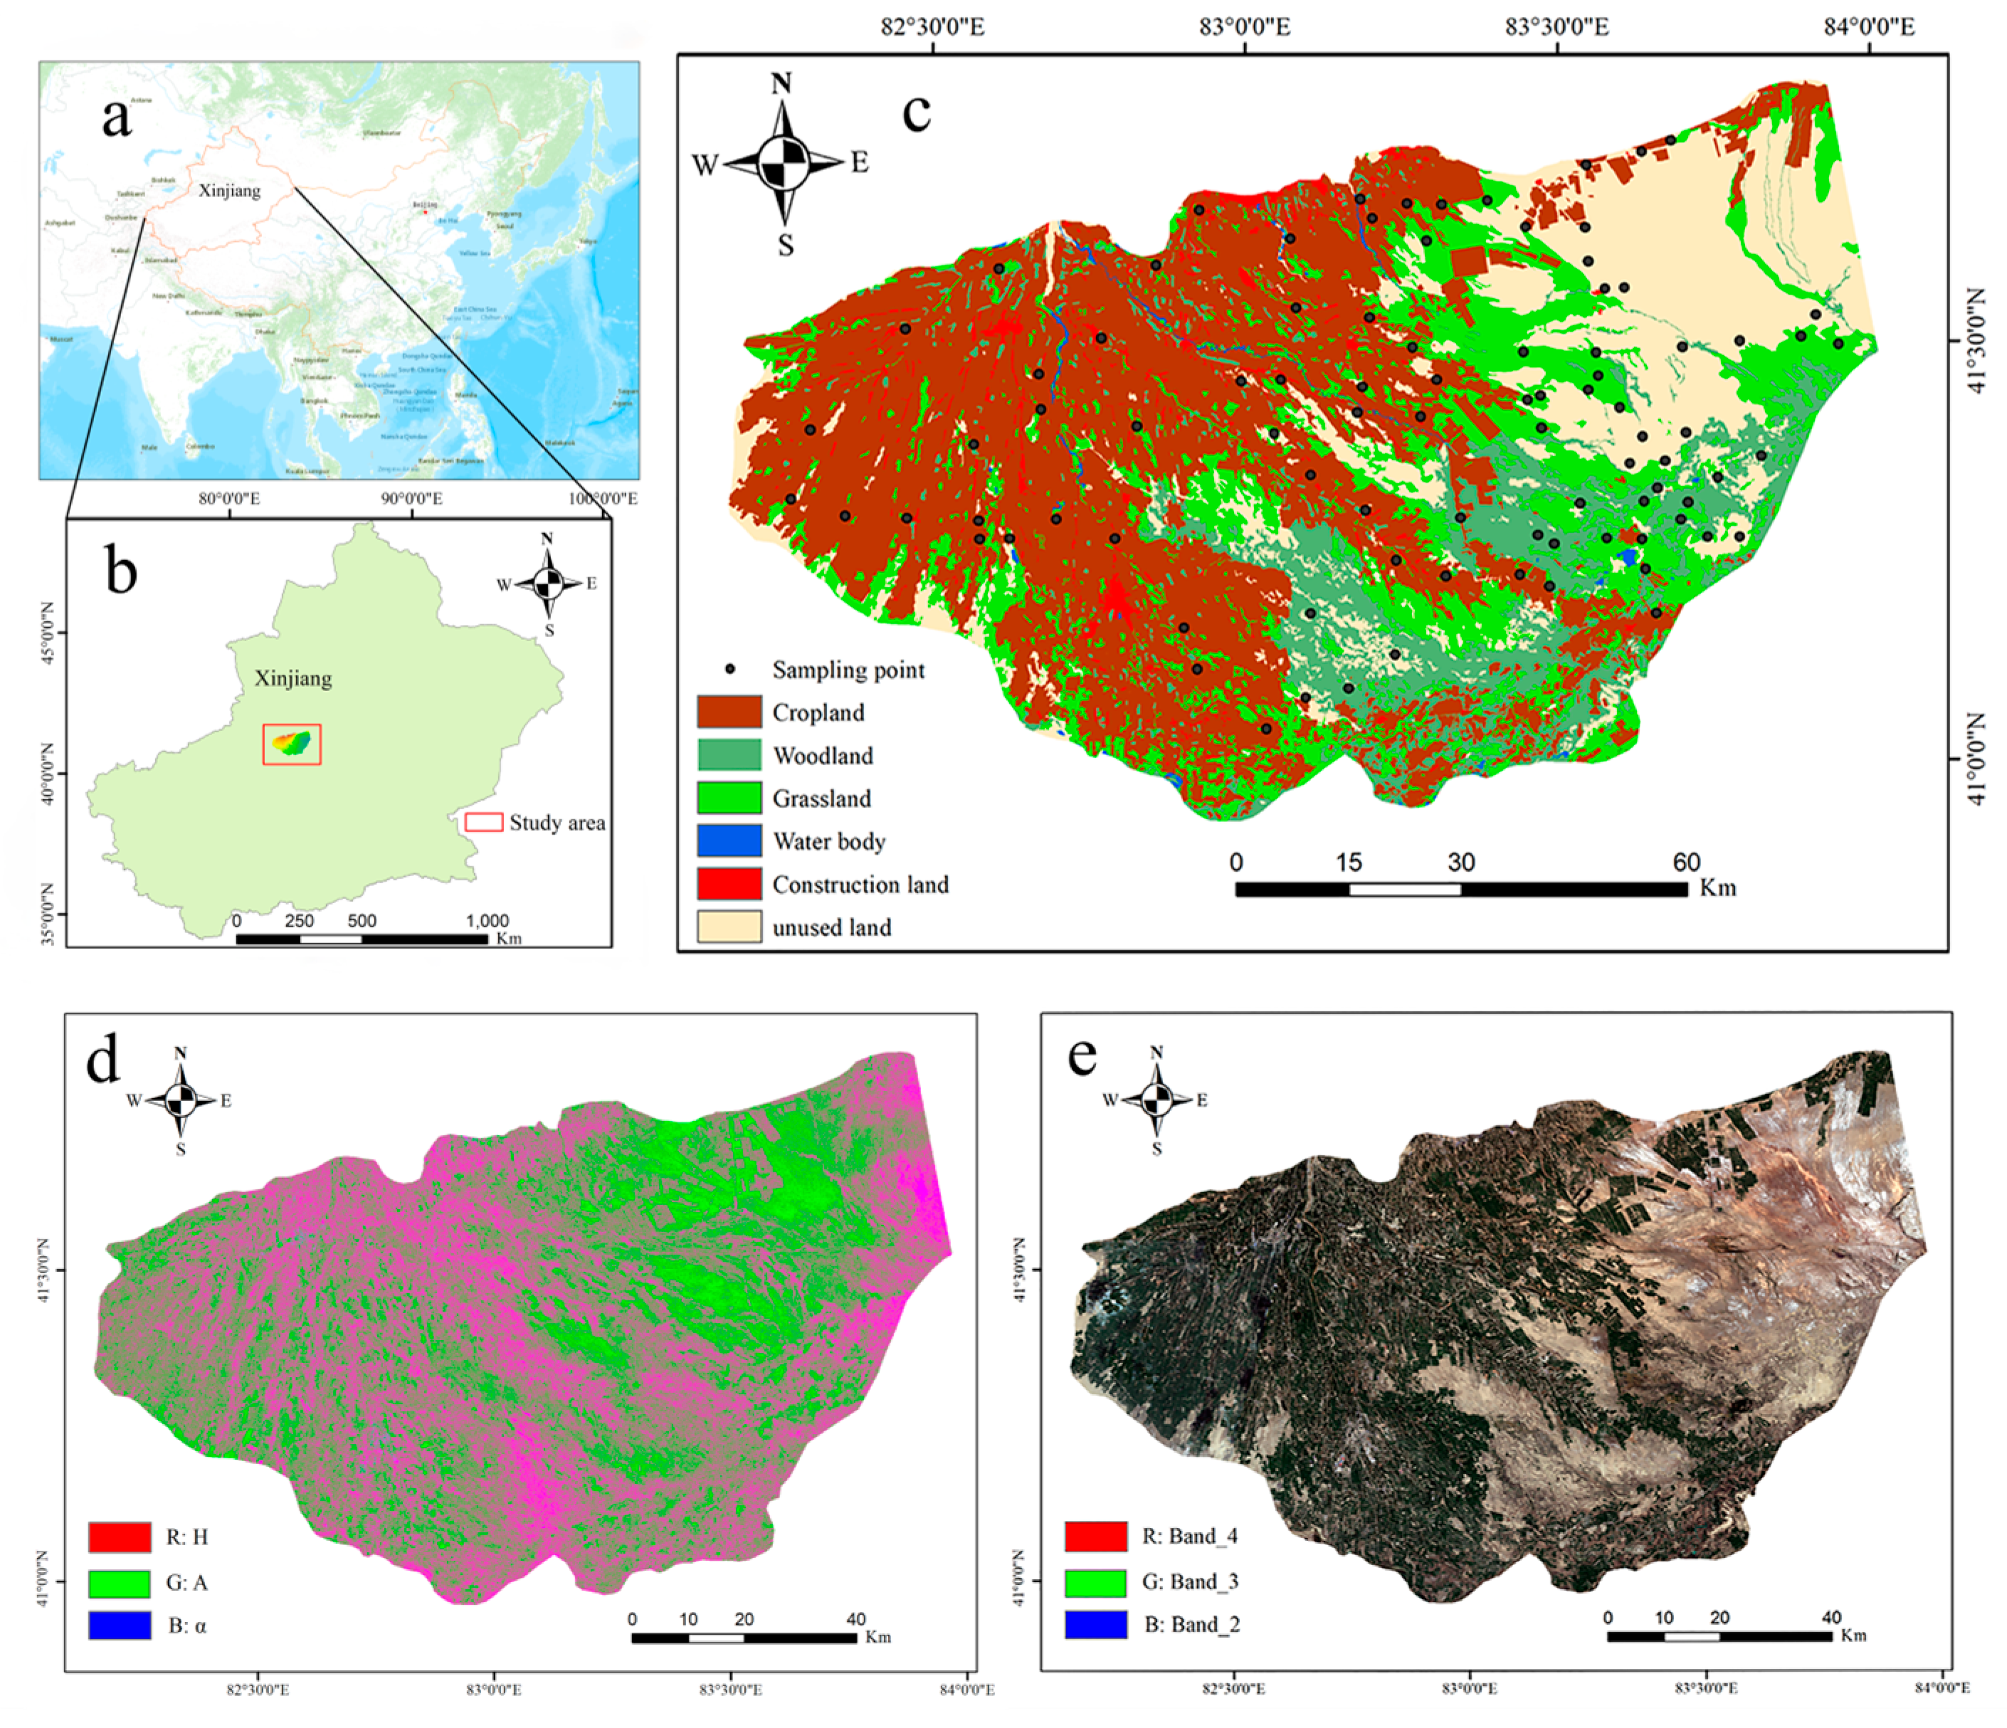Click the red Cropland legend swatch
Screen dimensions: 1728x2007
coord(728,712)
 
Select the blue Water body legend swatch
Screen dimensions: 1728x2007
coord(728,841)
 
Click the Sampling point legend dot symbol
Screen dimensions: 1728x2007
coord(730,669)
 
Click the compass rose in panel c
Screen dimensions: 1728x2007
coord(783,163)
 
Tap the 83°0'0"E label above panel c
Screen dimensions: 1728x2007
coord(1245,26)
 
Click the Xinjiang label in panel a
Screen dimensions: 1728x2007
coord(230,190)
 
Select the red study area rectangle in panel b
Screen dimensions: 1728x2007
coord(292,744)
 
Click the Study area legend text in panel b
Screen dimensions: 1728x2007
coord(557,822)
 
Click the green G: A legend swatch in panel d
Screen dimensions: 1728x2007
coord(119,1583)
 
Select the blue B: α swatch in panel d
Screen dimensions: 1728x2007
coord(119,1626)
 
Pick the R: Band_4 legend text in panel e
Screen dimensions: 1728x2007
coord(1189,1537)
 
